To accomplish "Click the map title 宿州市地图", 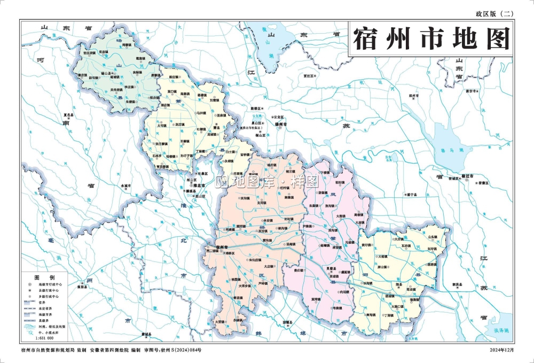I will pos(431,38).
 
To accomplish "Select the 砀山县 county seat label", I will pos(107,73).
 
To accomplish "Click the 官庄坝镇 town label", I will pos(89,53).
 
